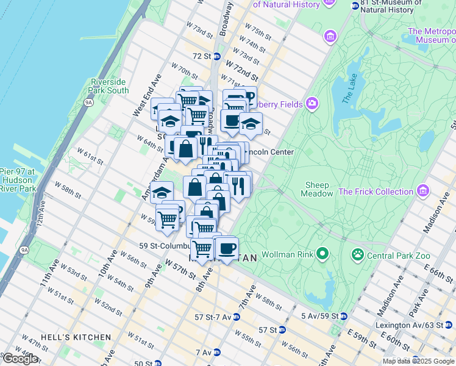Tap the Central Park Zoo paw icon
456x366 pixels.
tap(357, 254)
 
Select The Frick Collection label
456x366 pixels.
tap(376, 192)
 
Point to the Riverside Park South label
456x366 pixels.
tap(110, 86)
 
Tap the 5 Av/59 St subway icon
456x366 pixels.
tap(344, 316)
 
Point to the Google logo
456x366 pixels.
tap(20, 359)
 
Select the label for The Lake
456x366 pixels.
tap(348, 91)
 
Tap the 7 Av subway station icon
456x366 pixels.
tap(216, 353)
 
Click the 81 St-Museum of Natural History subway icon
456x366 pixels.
tap(355, 5)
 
